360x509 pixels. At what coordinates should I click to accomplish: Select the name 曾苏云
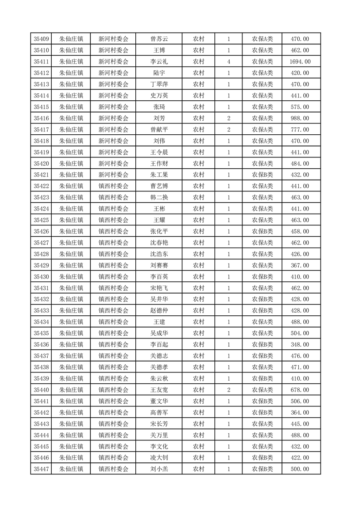tap(159, 39)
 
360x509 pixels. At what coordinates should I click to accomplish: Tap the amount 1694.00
tap(301, 62)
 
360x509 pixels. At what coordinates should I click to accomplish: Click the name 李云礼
tap(159, 62)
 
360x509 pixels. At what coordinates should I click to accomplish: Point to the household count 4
tap(228, 62)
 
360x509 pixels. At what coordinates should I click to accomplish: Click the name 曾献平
tap(159, 130)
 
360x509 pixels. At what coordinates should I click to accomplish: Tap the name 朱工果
tap(159, 175)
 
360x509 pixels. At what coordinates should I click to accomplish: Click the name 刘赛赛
tap(159, 265)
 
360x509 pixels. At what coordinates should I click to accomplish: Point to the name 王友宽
tap(159, 390)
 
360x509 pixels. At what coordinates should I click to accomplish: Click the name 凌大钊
tap(159, 458)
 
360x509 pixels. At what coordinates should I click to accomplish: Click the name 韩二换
tap(159, 197)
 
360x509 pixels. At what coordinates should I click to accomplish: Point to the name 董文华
tap(159, 401)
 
